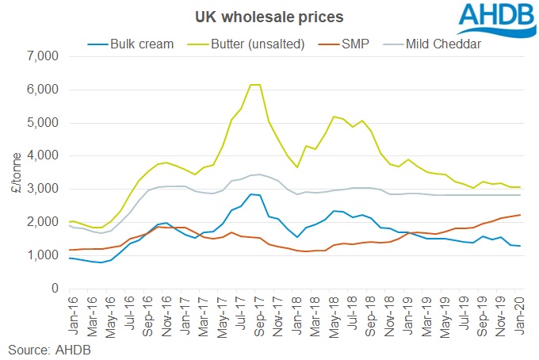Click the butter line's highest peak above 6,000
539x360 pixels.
click(254, 85)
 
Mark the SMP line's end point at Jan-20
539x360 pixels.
click(520, 215)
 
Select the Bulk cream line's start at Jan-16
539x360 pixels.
click(71, 258)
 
